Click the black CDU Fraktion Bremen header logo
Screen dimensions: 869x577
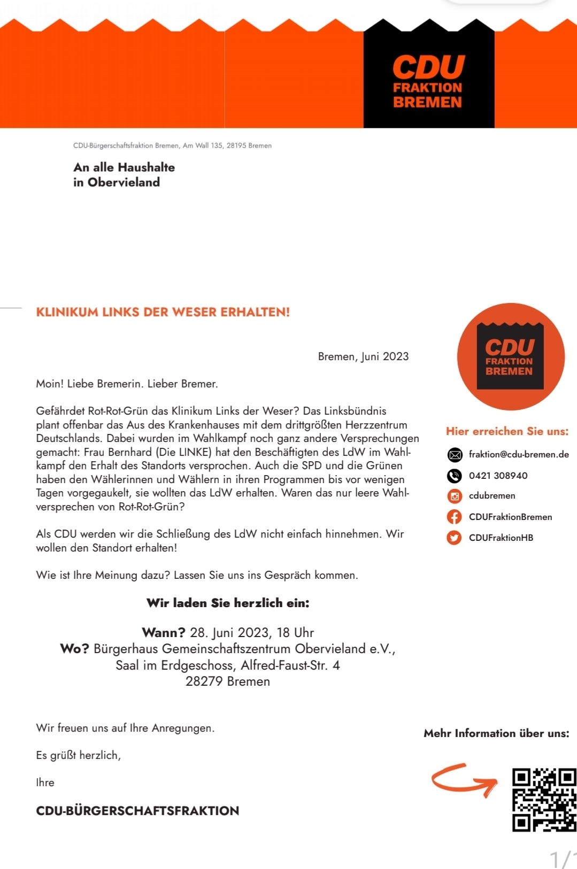pos(428,80)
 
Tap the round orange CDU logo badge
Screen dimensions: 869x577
pos(511,356)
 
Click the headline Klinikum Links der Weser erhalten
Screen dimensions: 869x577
pos(163,312)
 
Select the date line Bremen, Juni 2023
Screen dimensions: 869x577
pos(363,356)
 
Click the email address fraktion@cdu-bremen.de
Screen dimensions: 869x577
pos(518,454)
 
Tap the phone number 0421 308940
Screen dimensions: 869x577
pos(498,476)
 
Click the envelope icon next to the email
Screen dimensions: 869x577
pos(455,455)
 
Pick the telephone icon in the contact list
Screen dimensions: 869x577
pos(455,476)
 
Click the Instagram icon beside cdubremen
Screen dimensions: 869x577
pos(455,496)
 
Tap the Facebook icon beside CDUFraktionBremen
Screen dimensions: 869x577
pos(455,517)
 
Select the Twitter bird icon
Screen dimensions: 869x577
pos(455,538)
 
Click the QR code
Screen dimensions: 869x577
pos(544,800)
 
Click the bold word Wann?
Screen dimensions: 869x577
pos(164,633)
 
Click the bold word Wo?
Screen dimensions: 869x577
pos(74,649)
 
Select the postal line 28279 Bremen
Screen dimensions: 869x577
pos(228,681)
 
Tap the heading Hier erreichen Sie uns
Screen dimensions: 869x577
pos(507,431)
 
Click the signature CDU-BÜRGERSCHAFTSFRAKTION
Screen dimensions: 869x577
pos(137,811)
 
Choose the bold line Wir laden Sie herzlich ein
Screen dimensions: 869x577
pos(228,603)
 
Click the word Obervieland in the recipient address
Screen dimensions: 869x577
pos(124,182)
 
